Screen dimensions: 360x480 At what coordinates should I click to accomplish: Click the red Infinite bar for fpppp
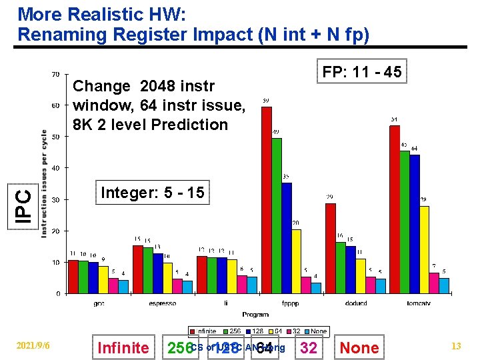click(x=267, y=200)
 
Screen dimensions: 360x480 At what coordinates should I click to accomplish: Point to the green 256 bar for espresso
click(x=148, y=270)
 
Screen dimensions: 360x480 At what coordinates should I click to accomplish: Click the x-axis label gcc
click(x=98, y=303)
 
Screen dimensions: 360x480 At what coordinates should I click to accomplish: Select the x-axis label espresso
click(x=162, y=303)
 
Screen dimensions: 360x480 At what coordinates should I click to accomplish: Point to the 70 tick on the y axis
click(x=55, y=74)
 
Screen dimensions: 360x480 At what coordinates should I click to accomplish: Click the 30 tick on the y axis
click(x=55, y=199)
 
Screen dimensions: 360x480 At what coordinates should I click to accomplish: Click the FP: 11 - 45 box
click(x=362, y=72)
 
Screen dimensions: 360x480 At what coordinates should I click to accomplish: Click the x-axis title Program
click(x=255, y=314)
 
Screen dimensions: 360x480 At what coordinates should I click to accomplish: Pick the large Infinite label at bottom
click(x=123, y=347)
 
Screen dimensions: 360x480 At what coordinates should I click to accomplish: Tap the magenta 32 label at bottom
click(x=309, y=347)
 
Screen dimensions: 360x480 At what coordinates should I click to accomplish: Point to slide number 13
click(x=456, y=345)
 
